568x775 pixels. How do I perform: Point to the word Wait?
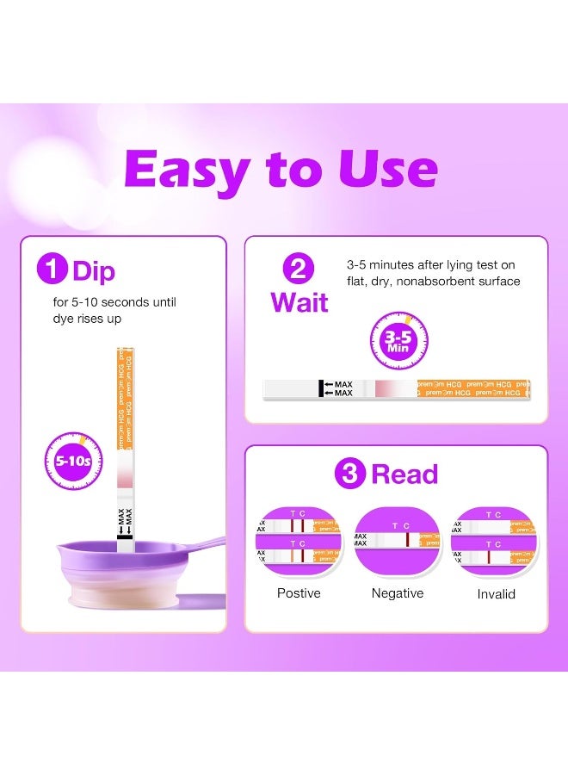coord(299,302)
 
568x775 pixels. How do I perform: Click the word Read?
coord(404,474)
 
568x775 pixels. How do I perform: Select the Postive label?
coord(299,593)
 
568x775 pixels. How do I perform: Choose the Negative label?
coord(397,593)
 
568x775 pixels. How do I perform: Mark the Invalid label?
coord(497,594)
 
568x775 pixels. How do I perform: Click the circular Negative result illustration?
coord(397,540)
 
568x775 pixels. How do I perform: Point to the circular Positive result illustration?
coord(298,540)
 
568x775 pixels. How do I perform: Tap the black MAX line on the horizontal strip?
coord(321,389)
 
